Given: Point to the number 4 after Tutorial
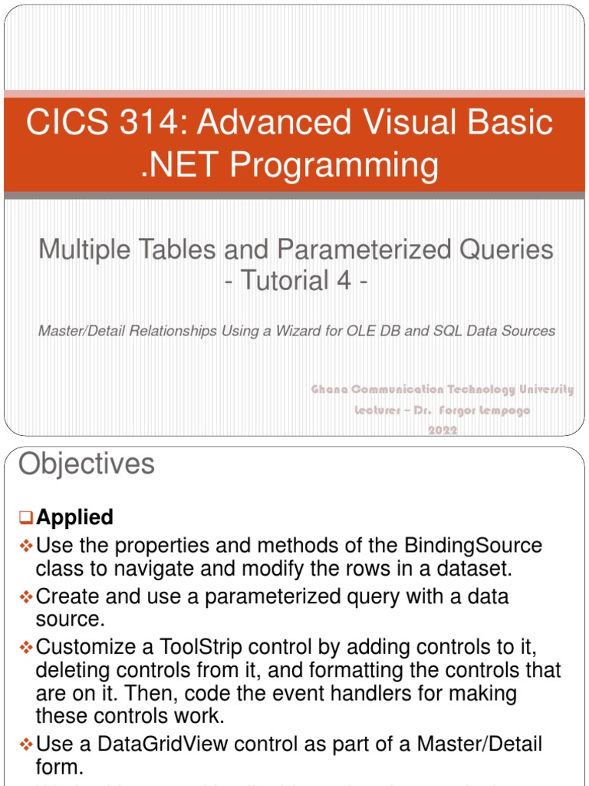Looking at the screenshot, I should click(x=337, y=281).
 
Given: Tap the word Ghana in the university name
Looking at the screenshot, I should click(x=329, y=390).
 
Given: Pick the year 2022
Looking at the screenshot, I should click(x=443, y=431).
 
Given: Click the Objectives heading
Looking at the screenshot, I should click(x=86, y=464).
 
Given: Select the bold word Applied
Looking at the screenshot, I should click(x=74, y=517).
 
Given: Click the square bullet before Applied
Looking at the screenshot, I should click(x=26, y=518).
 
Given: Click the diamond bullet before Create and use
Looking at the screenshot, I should click(x=26, y=596).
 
